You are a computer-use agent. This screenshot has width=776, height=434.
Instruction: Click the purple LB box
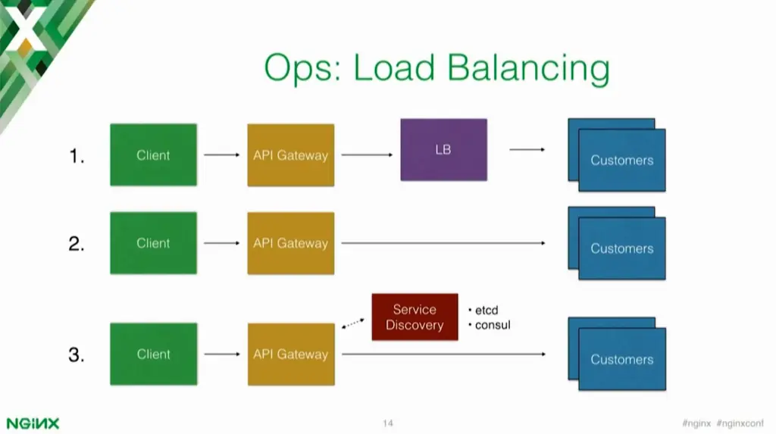443,150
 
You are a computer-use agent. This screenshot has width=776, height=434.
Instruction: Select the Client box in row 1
153,155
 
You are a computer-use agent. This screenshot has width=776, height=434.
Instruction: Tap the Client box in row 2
153,243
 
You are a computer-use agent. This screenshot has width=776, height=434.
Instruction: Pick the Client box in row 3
153,354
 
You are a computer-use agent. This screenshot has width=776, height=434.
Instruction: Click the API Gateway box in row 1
290,155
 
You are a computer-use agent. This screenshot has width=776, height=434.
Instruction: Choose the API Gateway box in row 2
290,243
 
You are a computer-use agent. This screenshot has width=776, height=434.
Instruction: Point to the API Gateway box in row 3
290,354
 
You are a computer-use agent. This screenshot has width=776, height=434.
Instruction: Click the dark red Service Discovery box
415,317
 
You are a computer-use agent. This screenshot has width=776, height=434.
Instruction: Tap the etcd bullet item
486,310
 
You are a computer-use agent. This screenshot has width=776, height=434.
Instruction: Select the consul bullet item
491,325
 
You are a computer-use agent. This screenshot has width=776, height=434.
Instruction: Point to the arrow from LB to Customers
527,150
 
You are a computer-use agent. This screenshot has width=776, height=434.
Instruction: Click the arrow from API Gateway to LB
367,155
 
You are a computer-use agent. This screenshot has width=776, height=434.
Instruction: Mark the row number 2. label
77,243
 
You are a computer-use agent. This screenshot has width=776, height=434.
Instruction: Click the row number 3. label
77,354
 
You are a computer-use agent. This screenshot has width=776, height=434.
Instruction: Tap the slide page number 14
388,423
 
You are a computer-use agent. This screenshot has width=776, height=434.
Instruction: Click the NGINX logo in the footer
33,423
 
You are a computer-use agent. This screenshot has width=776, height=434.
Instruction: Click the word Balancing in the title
528,68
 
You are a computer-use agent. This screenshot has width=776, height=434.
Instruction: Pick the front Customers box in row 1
622,161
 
